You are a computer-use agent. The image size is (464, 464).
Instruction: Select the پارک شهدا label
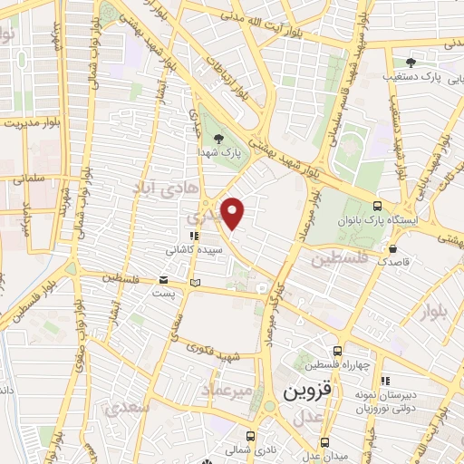pyautogui.click(x=218, y=153)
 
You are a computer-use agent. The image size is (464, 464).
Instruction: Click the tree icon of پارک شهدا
pyautogui.click(x=218, y=139)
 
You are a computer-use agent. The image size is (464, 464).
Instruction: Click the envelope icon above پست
pyautogui.click(x=163, y=281)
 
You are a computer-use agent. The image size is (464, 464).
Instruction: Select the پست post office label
pyautogui.click(x=163, y=295)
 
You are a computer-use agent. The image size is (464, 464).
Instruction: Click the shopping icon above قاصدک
pyautogui.click(x=392, y=247)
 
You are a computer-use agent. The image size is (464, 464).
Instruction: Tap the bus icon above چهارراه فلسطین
pyautogui.click(x=337, y=351)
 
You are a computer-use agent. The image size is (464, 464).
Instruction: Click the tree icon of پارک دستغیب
pyautogui.click(x=411, y=63)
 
